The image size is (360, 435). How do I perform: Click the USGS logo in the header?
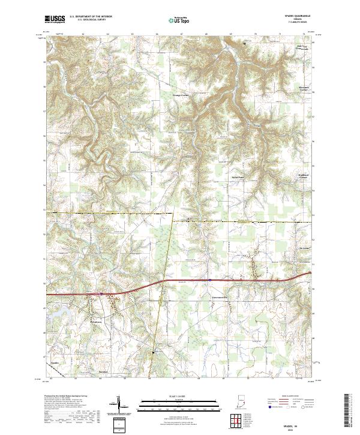point(55,19)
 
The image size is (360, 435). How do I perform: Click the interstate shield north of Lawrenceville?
point(210,279)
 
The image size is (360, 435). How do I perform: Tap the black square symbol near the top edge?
point(244,44)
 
